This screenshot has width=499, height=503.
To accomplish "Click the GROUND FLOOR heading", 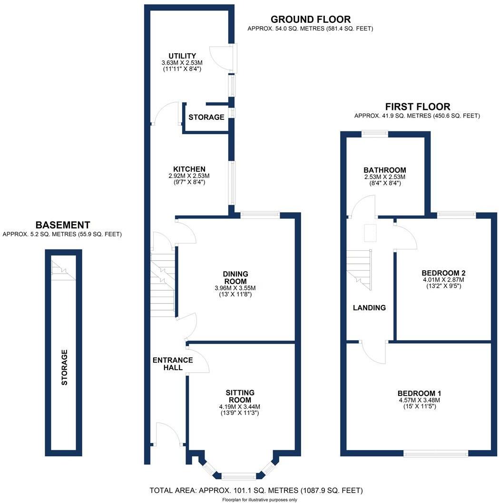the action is coord(311,19).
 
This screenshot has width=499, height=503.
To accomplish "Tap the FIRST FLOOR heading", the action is coord(418,107).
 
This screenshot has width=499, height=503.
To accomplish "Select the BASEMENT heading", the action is coord(63,225).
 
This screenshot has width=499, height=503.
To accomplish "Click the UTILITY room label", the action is coord(182,56).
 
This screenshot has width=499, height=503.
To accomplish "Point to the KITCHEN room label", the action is coord(189,169).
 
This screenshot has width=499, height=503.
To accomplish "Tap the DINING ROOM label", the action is coord(236,277).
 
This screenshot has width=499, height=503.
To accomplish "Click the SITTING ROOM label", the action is coord(240,396).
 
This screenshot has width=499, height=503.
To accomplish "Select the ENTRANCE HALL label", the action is coord(173,364).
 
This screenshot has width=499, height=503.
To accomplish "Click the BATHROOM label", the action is coord(385,170).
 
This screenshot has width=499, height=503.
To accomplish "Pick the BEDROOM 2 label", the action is coord(443,273).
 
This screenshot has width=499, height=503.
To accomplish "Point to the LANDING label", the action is coord(370,307).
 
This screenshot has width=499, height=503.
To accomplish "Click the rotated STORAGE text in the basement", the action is coord(65,367).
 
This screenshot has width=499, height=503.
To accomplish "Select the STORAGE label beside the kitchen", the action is coord(206,118).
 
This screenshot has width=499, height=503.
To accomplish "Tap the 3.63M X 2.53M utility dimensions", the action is coord(182,62).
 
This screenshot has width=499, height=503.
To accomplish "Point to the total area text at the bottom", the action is coord(256,491).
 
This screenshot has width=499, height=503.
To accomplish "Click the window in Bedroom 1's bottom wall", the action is coord(436,454).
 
